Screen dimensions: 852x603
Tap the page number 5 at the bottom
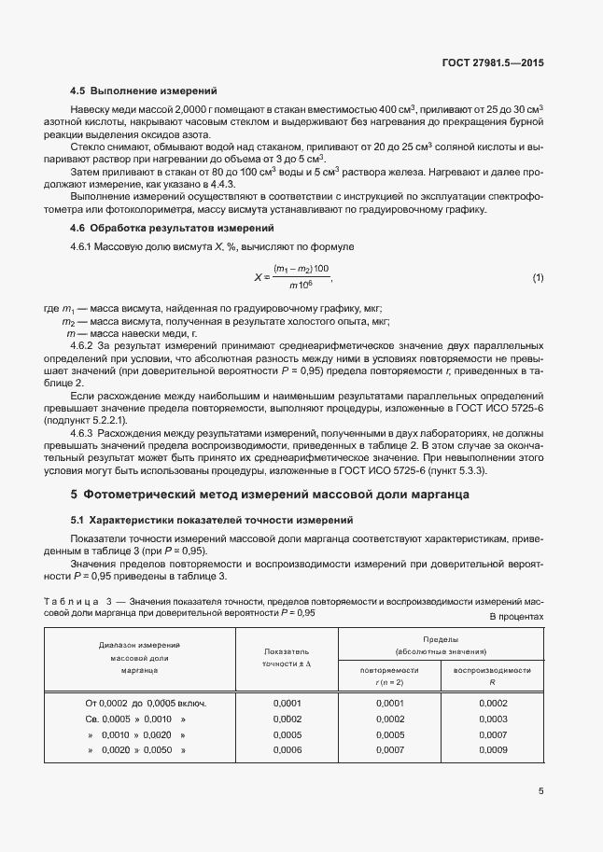click(540, 791)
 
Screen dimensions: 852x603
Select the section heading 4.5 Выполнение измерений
click(144, 91)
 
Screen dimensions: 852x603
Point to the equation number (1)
click(538, 278)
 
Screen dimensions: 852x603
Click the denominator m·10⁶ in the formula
click(300, 285)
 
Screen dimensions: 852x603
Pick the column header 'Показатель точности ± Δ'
click(287, 657)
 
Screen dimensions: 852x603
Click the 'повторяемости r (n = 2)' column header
click(389, 676)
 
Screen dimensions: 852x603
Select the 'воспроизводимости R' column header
click(492, 676)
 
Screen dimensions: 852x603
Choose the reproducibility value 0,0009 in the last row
click(492, 749)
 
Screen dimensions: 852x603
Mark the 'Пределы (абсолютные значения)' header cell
click(440, 645)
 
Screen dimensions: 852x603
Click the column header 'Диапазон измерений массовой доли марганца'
click(139, 657)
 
